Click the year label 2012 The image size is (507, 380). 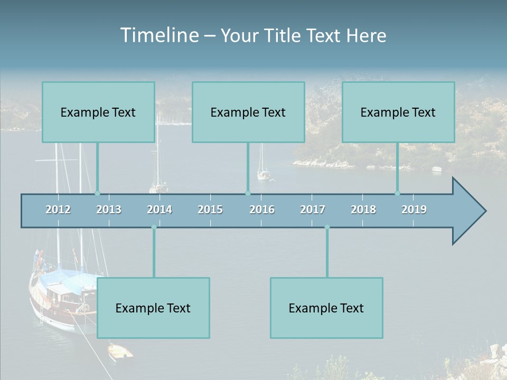pos(58,210)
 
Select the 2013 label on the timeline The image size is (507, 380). pos(109,210)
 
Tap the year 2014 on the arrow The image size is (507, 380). pos(159,210)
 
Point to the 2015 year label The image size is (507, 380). pos(210,210)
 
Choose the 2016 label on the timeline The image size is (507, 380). pos(262,210)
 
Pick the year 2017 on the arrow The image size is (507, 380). pos(313,210)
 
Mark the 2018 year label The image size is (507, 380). pos(363,210)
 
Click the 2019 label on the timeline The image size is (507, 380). pos(414,210)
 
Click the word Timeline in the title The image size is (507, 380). pos(159,35)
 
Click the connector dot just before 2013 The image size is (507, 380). pos(97,194)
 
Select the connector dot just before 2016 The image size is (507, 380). pos(248,194)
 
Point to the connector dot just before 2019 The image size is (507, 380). pos(398,194)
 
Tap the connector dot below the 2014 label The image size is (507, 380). pos(154,227)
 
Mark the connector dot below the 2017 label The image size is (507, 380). pos(327,227)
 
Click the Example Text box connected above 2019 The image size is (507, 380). pos(398,112)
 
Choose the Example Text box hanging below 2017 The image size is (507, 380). pos(326,308)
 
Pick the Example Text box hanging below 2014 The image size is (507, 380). pos(153,308)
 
